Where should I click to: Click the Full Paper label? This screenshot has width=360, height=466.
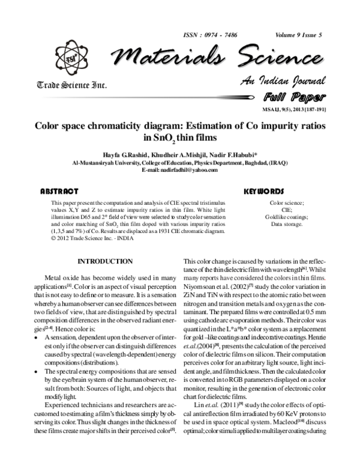point(293,97)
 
